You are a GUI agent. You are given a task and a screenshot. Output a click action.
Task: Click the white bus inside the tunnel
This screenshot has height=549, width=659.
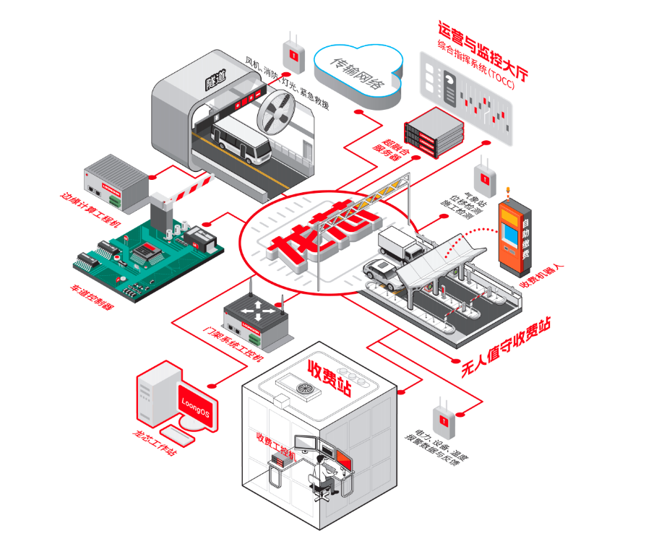click(241, 142)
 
